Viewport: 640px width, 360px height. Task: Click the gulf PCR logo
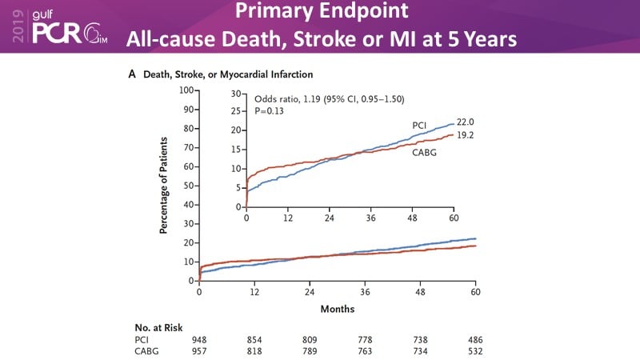[x=68, y=26]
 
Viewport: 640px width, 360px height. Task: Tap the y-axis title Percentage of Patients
[x=163, y=185]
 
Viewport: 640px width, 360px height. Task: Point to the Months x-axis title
[x=338, y=309]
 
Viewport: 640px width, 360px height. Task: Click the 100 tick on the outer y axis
[x=187, y=90]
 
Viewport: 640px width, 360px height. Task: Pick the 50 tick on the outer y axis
[x=190, y=186]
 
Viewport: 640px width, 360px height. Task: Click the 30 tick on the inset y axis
[x=236, y=94]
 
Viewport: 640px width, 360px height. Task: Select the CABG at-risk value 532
[x=475, y=351]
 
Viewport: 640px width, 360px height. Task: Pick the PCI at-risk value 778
[x=365, y=340]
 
